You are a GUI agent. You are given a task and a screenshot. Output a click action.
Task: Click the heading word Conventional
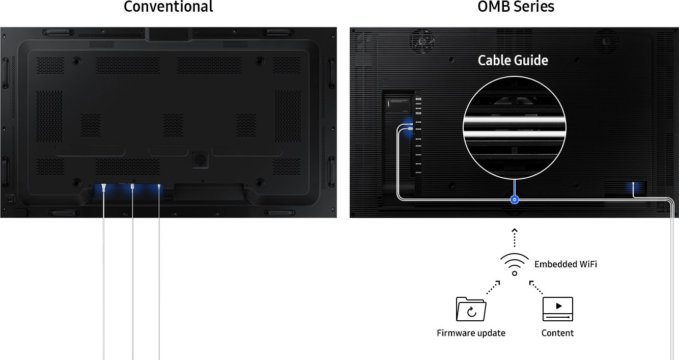point(168,7)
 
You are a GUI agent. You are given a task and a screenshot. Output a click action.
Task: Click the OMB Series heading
point(516,7)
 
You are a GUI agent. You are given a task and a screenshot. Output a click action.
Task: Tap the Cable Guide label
point(513,61)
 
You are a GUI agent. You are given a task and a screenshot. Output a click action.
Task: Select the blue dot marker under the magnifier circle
point(515,200)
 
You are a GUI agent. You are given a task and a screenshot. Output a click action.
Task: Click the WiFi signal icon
point(515,264)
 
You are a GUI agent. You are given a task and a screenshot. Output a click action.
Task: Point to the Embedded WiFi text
point(565,264)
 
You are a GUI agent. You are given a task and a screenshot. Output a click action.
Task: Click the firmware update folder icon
point(471,309)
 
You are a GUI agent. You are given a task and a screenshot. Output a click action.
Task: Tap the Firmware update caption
point(471,333)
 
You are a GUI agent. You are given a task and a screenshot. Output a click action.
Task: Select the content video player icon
point(558,309)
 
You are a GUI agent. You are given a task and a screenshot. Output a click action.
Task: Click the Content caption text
point(557,333)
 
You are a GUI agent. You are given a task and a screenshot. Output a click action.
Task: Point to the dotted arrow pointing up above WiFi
point(515,237)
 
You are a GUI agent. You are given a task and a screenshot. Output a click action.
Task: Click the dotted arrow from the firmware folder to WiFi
point(493,288)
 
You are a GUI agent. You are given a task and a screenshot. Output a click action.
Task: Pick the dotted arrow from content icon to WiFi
point(536,288)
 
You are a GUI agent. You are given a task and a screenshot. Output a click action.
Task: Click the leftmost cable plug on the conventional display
point(104,188)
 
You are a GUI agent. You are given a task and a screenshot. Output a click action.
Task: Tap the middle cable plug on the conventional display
point(132,187)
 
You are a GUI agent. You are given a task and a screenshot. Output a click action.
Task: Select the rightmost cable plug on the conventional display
point(159,187)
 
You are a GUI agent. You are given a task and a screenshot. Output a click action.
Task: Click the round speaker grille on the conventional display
point(200,159)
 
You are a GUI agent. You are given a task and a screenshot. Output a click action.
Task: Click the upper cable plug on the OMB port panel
point(410,124)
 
